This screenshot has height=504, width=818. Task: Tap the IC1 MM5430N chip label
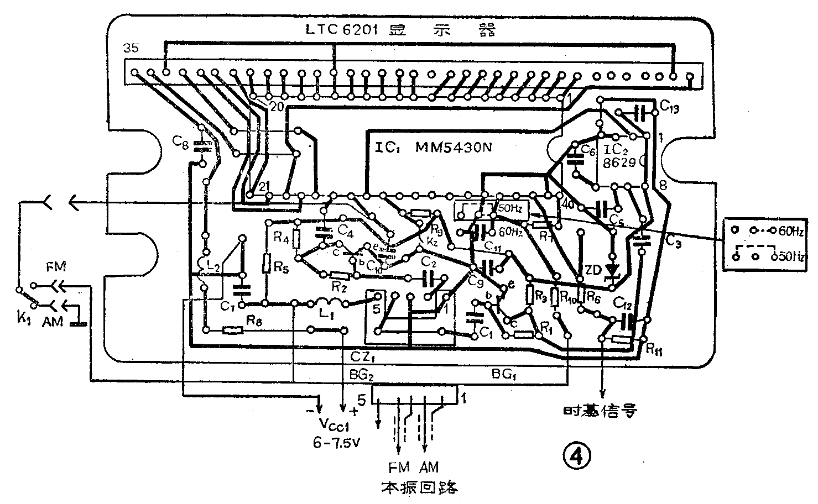pyautogui.click(x=433, y=148)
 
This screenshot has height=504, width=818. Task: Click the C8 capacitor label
pyautogui.click(x=181, y=143)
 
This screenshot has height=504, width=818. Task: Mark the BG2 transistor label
pyautogui.click(x=362, y=375)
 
